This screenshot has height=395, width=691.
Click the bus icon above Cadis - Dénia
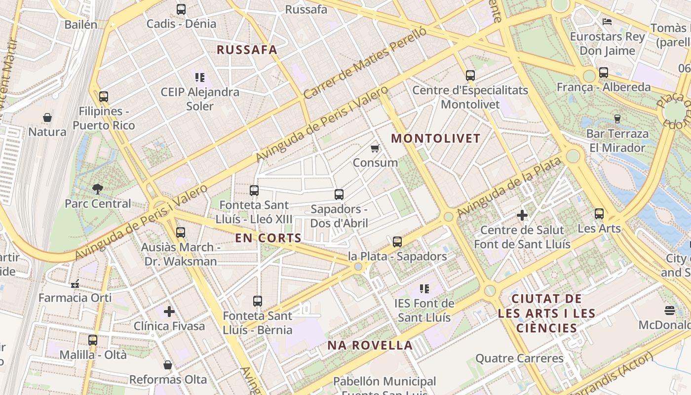[x=181, y=9]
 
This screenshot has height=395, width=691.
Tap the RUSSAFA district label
[x=247, y=50]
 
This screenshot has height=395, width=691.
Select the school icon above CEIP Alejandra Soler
[x=200, y=77]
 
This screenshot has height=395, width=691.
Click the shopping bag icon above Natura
[x=47, y=118]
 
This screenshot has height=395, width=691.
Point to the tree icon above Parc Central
[x=98, y=188]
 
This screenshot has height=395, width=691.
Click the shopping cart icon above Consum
[x=375, y=148]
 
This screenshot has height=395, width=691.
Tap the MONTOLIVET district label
[x=436, y=138]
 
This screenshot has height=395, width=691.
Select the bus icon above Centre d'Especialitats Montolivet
[x=470, y=76]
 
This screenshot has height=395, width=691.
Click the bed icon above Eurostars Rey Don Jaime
[x=607, y=22]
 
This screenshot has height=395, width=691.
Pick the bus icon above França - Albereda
[x=604, y=73]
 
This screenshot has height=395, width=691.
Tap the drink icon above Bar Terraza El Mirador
[x=617, y=118]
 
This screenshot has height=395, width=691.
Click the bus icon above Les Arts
[x=599, y=214]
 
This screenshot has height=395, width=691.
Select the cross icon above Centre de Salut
[x=522, y=215]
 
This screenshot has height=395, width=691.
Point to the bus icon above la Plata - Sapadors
[x=397, y=242]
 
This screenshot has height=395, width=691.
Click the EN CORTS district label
[x=268, y=238]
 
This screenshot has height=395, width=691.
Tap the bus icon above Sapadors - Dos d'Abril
[x=339, y=195]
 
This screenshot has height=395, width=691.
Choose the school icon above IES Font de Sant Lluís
[x=424, y=288]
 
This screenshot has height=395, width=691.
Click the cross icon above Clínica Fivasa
[x=169, y=312]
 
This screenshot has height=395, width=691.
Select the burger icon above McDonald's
[x=670, y=310]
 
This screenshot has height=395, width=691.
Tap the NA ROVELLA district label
[x=370, y=345]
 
